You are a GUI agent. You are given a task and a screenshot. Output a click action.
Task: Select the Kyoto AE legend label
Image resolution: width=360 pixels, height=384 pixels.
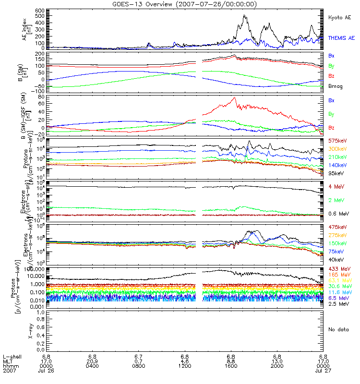(340, 17)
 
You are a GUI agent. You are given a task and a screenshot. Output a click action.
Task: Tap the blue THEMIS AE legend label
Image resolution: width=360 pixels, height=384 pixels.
(341, 38)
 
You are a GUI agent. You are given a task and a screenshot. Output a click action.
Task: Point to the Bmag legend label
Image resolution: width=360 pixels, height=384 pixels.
(335, 87)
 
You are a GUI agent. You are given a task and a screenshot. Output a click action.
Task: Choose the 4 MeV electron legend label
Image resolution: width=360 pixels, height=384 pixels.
(336, 186)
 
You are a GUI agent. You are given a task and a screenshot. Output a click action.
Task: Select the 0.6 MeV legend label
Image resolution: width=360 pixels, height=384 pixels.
(337, 213)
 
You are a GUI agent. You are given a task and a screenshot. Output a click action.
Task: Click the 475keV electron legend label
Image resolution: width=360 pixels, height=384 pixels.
(337, 227)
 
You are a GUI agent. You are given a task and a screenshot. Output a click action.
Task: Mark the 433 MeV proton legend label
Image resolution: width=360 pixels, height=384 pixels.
(338, 268)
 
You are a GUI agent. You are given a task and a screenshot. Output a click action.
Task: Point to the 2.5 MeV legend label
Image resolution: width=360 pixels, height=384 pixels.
(337, 304)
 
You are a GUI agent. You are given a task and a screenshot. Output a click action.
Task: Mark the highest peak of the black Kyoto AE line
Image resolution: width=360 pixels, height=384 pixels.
(245, 15)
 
